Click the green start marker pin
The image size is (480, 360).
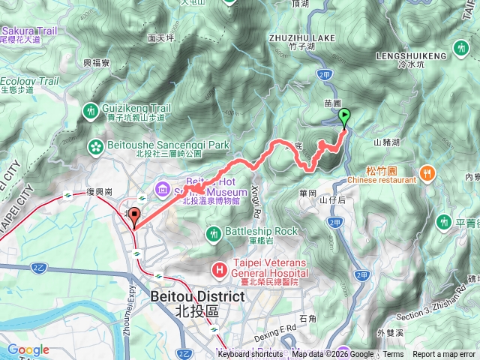(x=345, y=117)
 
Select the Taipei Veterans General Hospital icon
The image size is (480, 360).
(x=219, y=268)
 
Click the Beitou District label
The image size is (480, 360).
(x=197, y=296)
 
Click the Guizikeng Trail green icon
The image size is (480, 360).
(x=91, y=111)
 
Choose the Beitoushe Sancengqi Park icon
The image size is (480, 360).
(x=96, y=145)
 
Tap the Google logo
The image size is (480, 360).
(x=28, y=349)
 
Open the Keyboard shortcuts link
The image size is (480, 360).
(x=250, y=355)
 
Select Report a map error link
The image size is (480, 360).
(x=445, y=355)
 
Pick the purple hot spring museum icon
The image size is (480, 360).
(x=163, y=187)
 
